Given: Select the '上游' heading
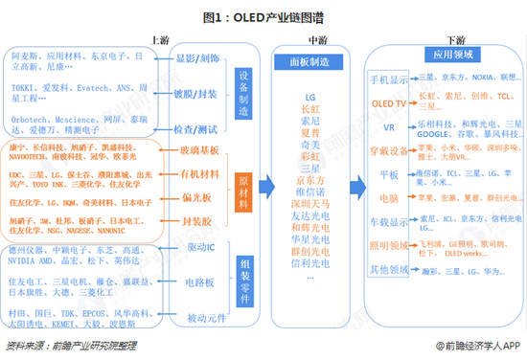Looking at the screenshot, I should (162, 39).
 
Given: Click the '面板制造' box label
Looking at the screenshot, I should (309, 60).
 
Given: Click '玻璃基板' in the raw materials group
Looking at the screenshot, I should (198, 150).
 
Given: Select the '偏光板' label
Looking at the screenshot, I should (198, 197).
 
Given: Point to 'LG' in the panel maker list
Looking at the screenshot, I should (309, 98).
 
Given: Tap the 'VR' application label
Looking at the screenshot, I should (389, 125).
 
